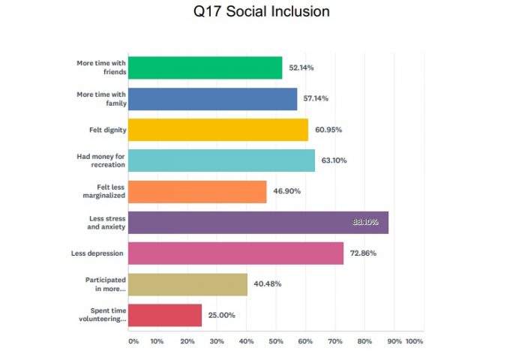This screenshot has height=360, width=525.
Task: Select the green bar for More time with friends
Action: pos(205,67)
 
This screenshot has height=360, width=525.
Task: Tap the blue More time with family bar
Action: pos(212,98)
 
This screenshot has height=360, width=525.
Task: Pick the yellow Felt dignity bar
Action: pos(217,129)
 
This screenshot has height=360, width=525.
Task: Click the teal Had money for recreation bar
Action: pos(221,160)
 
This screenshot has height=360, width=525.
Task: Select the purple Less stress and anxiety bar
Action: pos(258,222)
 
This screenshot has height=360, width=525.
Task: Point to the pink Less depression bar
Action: pos(235,253)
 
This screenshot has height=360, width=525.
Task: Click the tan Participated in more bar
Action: pos(187,283)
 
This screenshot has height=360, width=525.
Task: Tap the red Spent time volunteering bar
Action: pos(165,315)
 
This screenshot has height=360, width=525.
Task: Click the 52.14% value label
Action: pos(300,67)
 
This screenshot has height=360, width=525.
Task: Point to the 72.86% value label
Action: pos(362,253)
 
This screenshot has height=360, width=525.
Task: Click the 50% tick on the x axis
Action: pos(276,341)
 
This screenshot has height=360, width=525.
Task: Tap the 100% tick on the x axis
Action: pos(414,341)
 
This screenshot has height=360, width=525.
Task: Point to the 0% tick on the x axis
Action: pos(133,341)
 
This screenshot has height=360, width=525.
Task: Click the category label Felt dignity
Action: pos(107,130)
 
